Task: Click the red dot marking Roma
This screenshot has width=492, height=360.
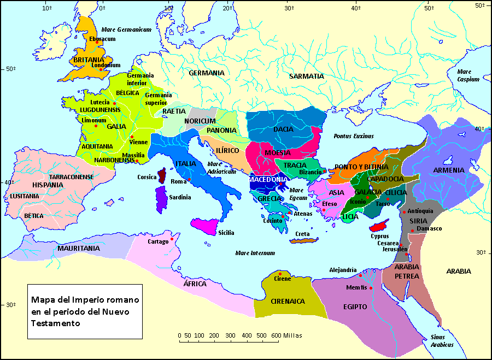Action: coord(189,179)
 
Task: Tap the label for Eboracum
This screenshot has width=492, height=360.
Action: coord(103,39)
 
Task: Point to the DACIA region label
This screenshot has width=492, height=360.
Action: coord(284,129)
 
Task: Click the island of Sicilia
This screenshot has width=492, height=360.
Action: coord(207,226)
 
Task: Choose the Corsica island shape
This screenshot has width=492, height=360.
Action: coord(162,176)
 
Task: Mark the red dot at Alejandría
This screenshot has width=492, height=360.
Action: coord(360,275)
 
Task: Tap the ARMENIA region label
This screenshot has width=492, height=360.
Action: coord(448,170)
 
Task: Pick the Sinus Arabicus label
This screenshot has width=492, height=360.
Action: coord(442,341)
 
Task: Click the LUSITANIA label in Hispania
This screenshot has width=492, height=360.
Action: coord(24,196)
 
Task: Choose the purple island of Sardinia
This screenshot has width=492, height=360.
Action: coord(161,199)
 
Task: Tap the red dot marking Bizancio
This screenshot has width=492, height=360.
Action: coord(325,172)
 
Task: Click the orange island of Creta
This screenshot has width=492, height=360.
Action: coord(306,240)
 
